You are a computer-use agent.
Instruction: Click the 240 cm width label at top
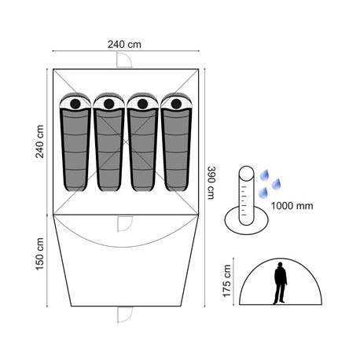pyautogui.click(x=124, y=44)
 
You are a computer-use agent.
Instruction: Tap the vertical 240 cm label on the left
pyautogui.click(x=40, y=141)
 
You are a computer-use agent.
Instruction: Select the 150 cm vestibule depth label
pyautogui.click(x=40, y=254)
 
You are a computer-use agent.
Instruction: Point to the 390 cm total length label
pyautogui.click(x=211, y=182)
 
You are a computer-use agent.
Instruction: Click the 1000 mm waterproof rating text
pyautogui.click(x=292, y=206)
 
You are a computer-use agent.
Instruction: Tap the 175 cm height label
pyautogui.click(x=227, y=281)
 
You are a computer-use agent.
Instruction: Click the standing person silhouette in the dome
pyautogui.click(x=280, y=283)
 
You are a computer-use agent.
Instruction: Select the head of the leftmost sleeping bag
pyautogui.click(x=75, y=104)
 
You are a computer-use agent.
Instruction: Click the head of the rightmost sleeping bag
pyautogui.click(x=176, y=104)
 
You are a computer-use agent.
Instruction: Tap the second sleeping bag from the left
pyautogui.click(x=108, y=141)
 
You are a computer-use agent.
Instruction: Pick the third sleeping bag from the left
pyautogui.click(x=142, y=141)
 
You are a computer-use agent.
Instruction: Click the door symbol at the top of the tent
pyautogui.click(x=124, y=60)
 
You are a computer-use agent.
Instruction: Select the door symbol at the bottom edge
pyautogui.click(x=125, y=314)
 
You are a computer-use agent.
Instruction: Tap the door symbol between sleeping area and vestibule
pyautogui.click(x=125, y=224)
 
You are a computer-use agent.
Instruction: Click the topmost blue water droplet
pyautogui.click(x=265, y=174)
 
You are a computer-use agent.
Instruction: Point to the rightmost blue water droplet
pyautogui.click(x=276, y=184)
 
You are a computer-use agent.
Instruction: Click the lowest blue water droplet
pyautogui.click(x=263, y=193)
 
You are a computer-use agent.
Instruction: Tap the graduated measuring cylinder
pyautogui.click(x=246, y=196)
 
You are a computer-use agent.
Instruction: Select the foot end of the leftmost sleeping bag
pyautogui.click(x=75, y=187)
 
